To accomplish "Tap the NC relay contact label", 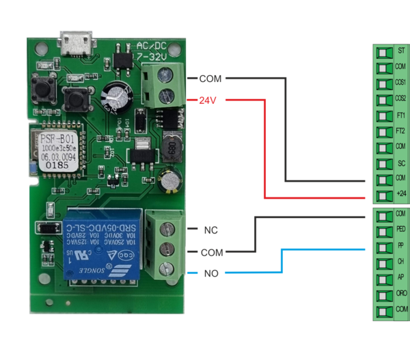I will tap(210, 230).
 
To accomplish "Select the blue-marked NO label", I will tap(210, 274).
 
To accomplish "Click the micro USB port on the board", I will tap(77, 44).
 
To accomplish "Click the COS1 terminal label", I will tap(401, 83).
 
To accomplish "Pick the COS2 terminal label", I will tap(401, 98).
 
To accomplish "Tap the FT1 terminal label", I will tap(401, 115).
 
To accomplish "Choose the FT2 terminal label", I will tap(401, 130).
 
